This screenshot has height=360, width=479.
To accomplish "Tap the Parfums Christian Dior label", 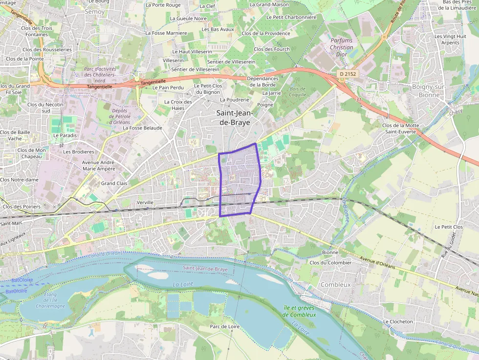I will pyautogui.click(x=341, y=47).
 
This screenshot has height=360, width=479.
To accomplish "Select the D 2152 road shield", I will pyautogui.click(x=348, y=74).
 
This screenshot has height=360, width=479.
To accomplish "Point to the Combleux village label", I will pyautogui.click(x=335, y=284).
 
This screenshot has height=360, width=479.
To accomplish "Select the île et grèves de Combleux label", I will pyautogui.click(x=300, y=311).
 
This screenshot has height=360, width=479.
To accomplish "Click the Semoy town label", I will pyautogui.click(x=94, y=11).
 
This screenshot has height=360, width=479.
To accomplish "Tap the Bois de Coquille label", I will pyautogui.click(x=297, y=92).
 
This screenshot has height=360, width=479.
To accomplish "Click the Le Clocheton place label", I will pyautogui.click(x=398, y=321).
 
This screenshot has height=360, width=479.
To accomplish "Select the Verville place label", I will pyautogui.click(x=145, y=202).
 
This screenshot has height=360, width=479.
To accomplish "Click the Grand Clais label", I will pyautogui.click(x=114, y=183).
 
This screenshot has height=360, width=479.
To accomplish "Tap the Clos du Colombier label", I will pyautogui.click(x=330, y=262).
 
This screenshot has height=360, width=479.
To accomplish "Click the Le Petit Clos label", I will pyautogui.click(x=449, y=227).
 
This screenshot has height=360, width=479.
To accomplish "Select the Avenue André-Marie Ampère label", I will pyautogui.click(x=98, y=166).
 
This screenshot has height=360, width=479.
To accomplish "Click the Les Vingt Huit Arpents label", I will pyautogui.click(x=447, y=40).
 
